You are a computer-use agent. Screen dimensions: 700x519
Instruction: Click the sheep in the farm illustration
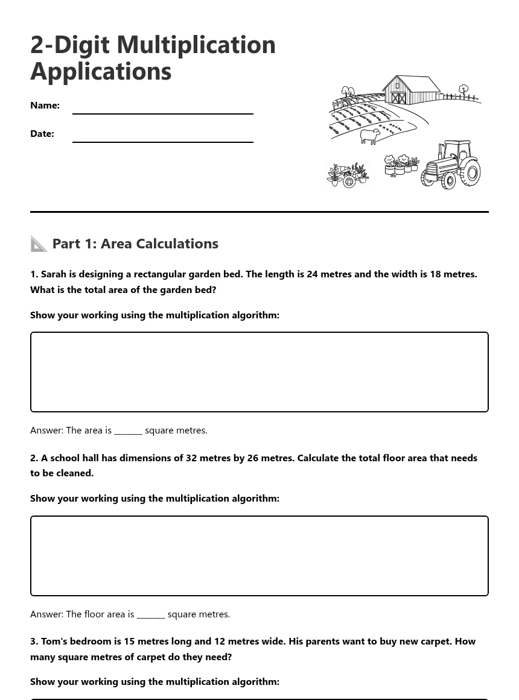[x=370, y=136]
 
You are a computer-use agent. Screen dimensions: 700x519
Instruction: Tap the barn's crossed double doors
[x=398, y=98]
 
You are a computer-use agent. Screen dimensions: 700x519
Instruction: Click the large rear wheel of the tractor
[x=471, y=173]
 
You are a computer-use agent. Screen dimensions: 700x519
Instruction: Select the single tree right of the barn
[x=463, y=90]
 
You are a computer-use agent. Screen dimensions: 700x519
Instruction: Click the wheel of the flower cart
[x=349, y=181]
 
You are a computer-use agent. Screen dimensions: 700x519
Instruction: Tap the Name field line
[x=162, y=113]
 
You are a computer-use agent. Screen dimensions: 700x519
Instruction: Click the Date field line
[x=162, y=141]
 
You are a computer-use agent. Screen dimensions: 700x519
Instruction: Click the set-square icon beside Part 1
[x=39, y=244]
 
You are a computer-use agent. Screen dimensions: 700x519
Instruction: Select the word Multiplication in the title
[x=196, y=45]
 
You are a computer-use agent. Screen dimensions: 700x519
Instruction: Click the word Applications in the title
[x=101, y=71]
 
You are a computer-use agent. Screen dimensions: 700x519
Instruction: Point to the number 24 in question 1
[x=312, y=274]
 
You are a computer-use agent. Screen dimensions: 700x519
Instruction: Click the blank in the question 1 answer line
[x=128, y=430]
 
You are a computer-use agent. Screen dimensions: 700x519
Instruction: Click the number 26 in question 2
[x=252, y=458]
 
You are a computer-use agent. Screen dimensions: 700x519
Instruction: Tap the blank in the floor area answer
[x=151, y=614]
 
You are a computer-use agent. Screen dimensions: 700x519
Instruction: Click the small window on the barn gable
[x=397, y=86]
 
